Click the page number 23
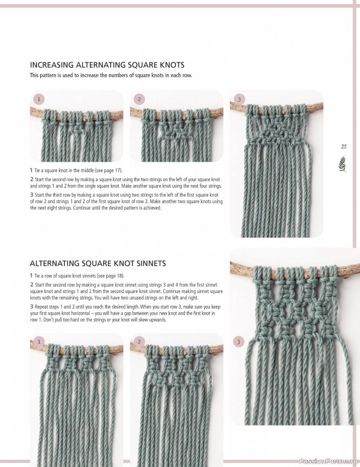click(x=344, y=147)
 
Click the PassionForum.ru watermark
click(x=327, y=461)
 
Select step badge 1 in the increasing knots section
click(x=39, y=99)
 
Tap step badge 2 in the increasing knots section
click(x=139, y=99)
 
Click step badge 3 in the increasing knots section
click(x=238, y=99)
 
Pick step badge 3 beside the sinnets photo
click(x=238, y=341)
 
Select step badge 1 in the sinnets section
click(x=39, y=341)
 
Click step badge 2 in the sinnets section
click(x=139, y=341)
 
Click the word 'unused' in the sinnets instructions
click(x=134, y=297)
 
